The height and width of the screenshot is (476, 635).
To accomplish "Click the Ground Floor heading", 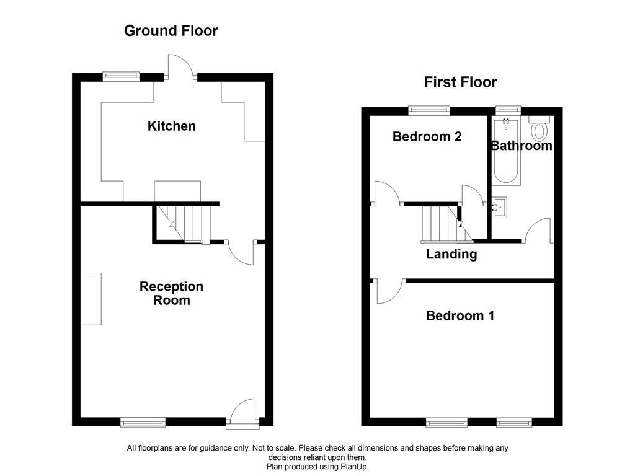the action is click(x=171, y=31).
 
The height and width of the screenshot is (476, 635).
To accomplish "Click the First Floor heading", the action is click(x=461, y=82).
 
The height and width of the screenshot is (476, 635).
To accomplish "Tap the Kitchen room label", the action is click(x=172, y=126).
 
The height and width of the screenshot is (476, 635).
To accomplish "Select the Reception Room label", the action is click(x=171, y=293).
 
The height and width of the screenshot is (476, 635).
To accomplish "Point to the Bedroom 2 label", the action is click(x=427, y=137).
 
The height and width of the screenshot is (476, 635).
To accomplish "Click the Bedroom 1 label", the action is click(x=460, y=315).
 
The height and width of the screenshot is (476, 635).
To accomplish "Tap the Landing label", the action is click(x=451, y=254).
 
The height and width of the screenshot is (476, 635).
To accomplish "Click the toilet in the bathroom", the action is click(x=539, y=128).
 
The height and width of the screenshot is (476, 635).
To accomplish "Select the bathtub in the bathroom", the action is click(x=506, y=151).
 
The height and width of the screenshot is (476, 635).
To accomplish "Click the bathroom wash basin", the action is click(x=499, y=207).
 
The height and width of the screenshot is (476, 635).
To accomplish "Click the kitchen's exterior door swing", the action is click(x=180, y=66).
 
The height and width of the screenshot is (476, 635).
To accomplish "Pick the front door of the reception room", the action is click(x=242, y=413).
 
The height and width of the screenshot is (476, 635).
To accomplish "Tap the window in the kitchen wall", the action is click(x=121, y=76).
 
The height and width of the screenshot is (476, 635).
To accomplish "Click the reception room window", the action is click(x=143, y=422).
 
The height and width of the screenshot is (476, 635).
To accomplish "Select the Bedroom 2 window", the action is click(x=429, y=110).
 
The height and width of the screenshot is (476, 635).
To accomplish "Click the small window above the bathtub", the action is click(x=508, y=110).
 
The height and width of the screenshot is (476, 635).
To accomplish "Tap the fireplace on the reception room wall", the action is click(x=91, y=299).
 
